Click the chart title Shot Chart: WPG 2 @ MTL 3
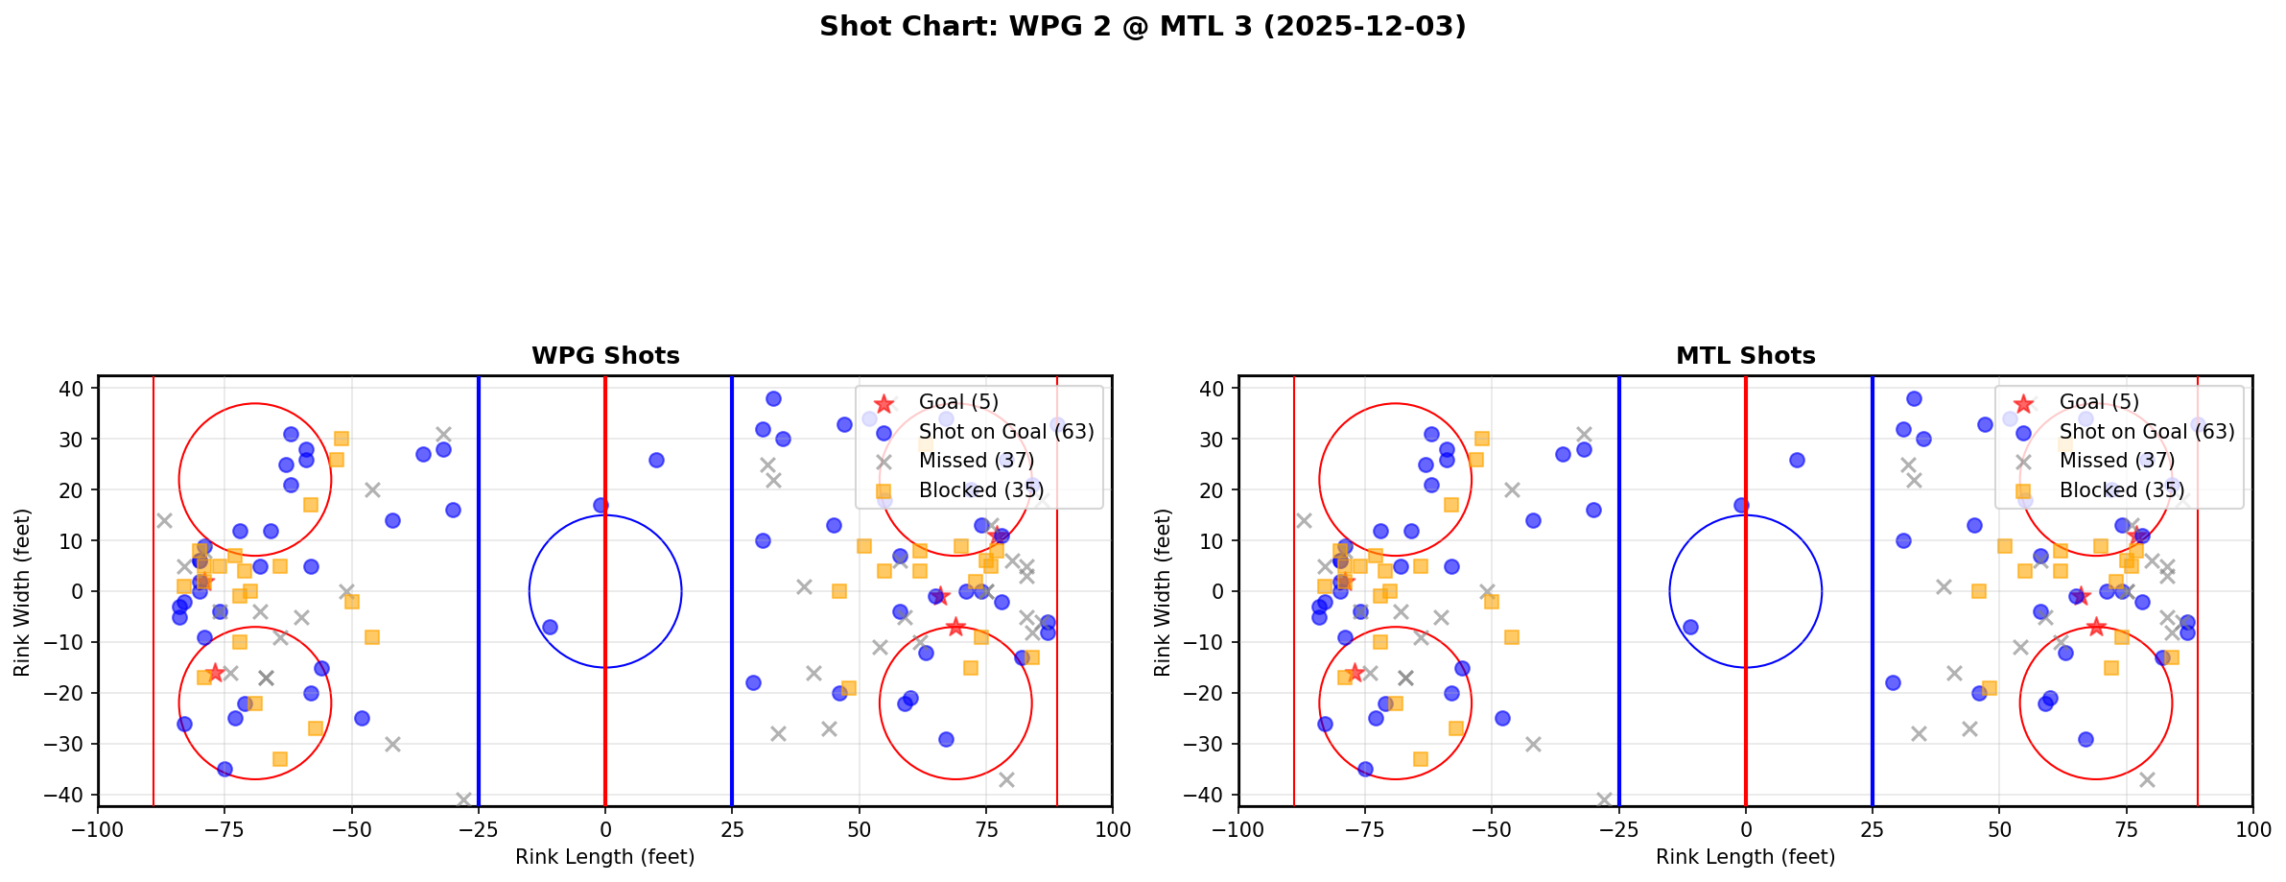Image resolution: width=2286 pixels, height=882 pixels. [x=1143, y=27]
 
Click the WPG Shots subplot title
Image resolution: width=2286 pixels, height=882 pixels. [x=605, y=356]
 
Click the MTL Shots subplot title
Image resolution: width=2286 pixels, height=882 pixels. [x=1745, y=356]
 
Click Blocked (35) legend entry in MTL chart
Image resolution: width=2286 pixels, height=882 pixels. [x=2121, y=490]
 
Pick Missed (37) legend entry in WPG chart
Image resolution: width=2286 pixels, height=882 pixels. [x=976, y=461]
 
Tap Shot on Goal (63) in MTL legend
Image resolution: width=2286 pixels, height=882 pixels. [x=2147, y=432]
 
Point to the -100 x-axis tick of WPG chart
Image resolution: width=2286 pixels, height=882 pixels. [x=98, y=828]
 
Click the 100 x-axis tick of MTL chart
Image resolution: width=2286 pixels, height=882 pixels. [x=2251, y=828]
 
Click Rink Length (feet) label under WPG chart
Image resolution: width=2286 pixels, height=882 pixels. [x=605, y=857]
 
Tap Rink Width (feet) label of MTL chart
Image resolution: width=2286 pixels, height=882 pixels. [x=1163, y=592]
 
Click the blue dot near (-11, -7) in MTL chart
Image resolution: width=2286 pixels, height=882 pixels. [x=1690, y=627]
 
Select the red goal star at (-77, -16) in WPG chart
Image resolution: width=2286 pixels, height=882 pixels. [x=215, y=673]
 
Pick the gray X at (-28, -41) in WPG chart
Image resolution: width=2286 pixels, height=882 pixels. [x=463, y=799]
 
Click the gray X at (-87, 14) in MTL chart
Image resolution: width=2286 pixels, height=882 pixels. [x=1305, y=520]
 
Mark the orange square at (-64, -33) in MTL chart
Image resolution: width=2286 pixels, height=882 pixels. [x=1421, y=759]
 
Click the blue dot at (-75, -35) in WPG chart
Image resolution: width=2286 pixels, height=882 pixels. [x=224, y=769]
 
